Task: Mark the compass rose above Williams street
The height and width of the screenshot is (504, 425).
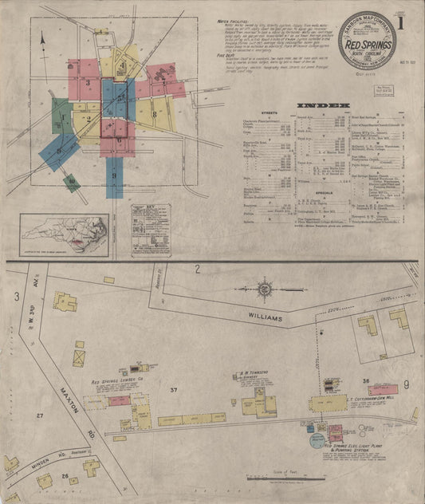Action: click(x=264, y=286)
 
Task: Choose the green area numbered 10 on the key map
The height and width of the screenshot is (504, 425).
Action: click(x=72, y=182)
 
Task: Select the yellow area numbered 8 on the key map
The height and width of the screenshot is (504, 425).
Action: click(x=152, y=113)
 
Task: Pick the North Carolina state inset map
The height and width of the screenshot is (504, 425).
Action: click(x=65, y=231)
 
